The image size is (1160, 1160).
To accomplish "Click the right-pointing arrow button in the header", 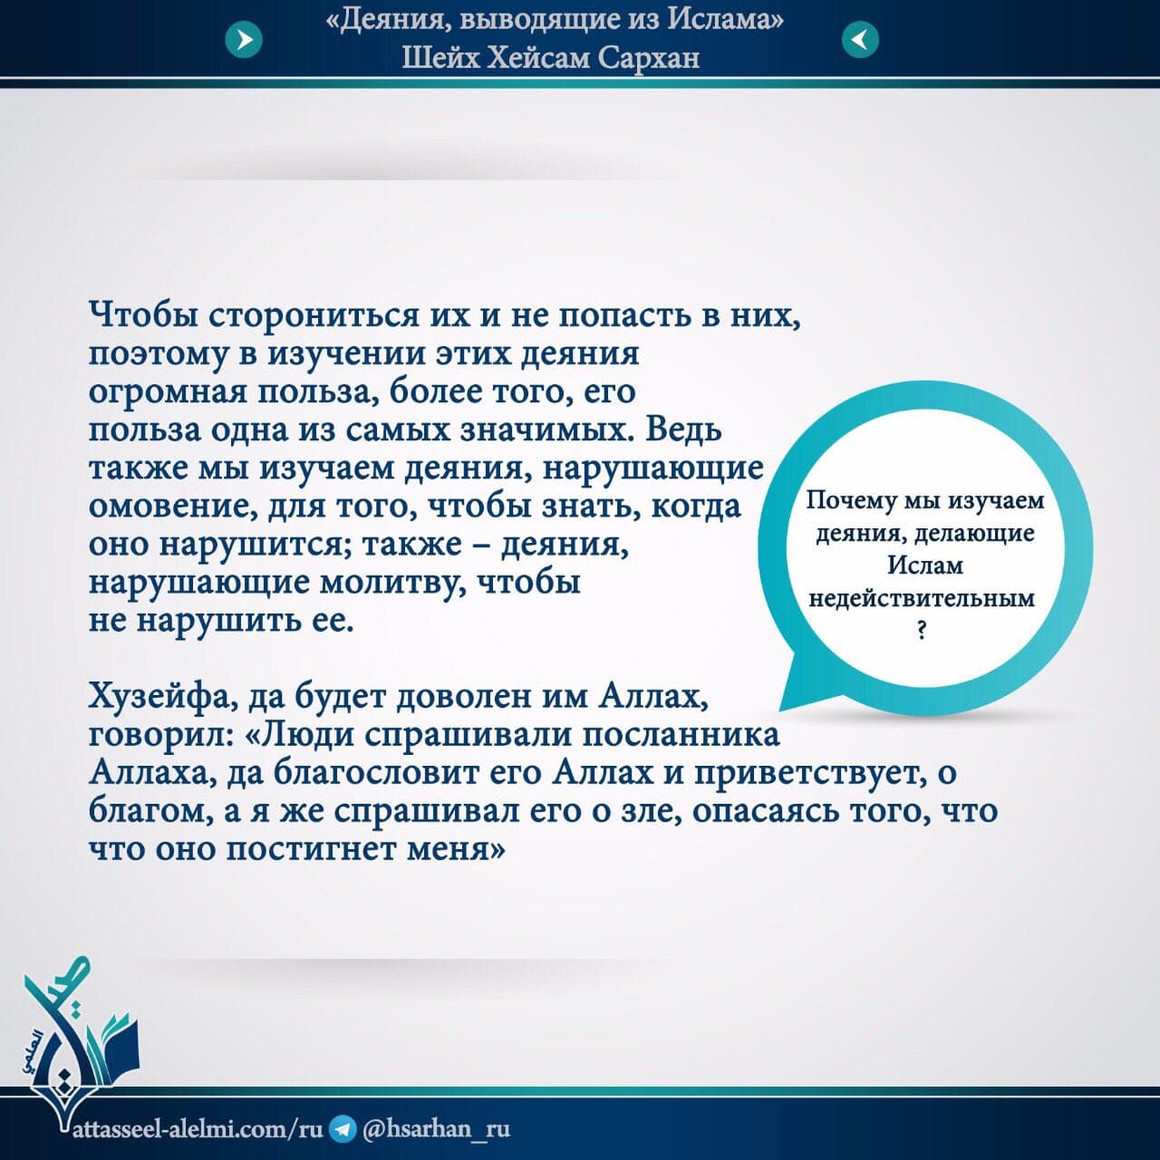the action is (x=244, y=40).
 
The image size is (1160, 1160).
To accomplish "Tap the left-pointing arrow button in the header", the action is (x=860, y=40).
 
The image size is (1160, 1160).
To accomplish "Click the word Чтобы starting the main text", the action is (x=144, y=316).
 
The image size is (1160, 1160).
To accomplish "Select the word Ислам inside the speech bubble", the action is (x=926, y=565).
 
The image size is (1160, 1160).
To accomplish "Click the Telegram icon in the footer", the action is (x=343, y=1128).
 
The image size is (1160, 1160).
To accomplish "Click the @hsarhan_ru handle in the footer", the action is (x=437, y=1128).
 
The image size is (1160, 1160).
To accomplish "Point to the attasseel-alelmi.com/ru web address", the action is (x=198, y=1128).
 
